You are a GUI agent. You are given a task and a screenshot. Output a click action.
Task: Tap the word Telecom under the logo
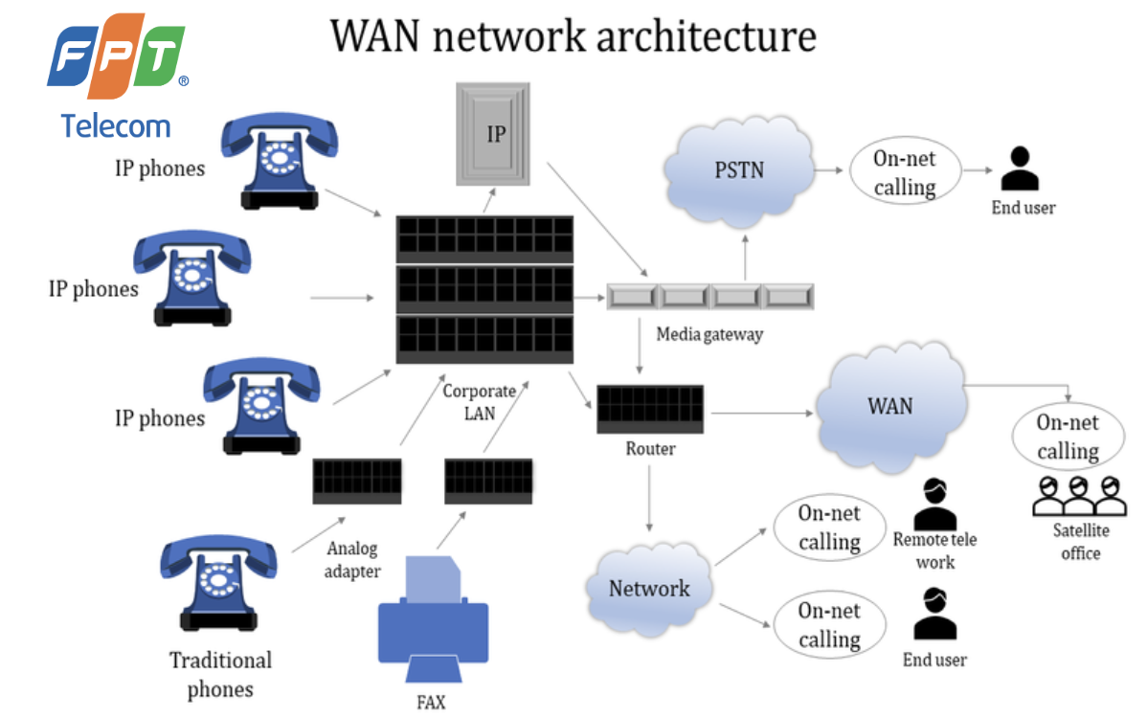coord(115,125)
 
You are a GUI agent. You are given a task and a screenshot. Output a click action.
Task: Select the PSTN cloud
coord(739,172)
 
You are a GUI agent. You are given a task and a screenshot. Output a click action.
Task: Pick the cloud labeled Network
coord(649,587)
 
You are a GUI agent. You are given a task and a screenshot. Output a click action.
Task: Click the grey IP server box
coord(493,133)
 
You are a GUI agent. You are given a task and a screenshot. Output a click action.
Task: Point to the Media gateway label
coord(708,335)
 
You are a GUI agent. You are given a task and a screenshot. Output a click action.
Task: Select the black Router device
coord(650,409)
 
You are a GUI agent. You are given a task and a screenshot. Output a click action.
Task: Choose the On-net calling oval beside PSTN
coord(904,172)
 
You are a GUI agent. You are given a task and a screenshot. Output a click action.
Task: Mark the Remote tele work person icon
coord(934,504)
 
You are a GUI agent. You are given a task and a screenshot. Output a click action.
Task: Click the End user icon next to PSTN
coord(1022,169)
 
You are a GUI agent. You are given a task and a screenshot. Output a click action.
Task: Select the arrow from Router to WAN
coord(760,414)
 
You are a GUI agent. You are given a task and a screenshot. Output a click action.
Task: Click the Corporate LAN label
coord(479,402)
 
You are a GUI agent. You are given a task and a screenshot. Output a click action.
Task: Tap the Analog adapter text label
coord(351,560)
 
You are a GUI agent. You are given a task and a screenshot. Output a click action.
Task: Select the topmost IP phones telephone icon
coord(279,163)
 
